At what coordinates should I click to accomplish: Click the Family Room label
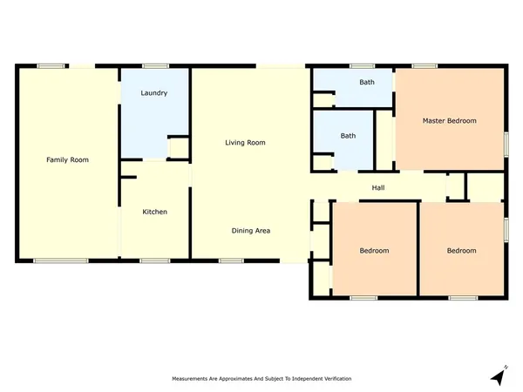coord(67,159)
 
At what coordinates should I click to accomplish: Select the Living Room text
coord(245,142)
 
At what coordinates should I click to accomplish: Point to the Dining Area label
coord(251,231)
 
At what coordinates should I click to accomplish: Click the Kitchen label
coord(154,212)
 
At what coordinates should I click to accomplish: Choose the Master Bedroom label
coord(449,120)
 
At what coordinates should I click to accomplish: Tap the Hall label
coord(378,187)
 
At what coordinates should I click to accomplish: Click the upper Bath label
coord(367,83)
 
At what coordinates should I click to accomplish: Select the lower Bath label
coord(348,136)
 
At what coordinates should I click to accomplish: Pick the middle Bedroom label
coord(374,251)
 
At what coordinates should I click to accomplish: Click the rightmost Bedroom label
coord(461,251)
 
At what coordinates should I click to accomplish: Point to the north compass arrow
coord(498,376)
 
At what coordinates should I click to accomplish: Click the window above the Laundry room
coord(155,65)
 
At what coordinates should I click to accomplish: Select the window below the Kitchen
coord(154,260)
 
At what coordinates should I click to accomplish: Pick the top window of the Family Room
coord(51,65)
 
